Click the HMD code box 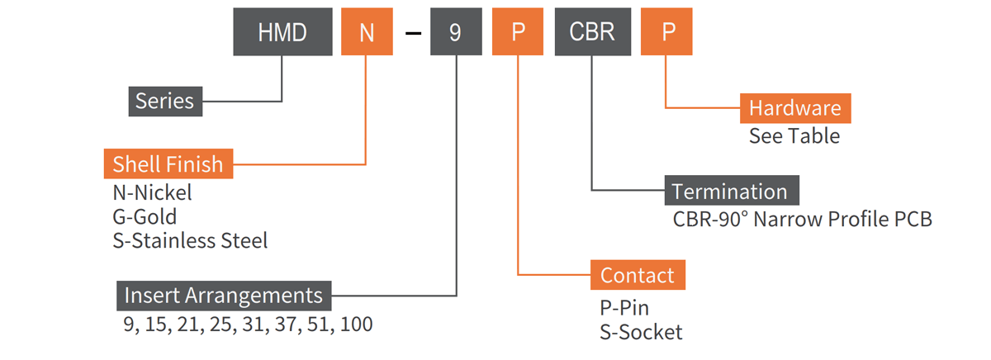pos(282,32)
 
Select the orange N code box pos(367,32)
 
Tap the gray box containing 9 pos(455,32)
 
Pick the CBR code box pos(591,32)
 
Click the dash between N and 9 pos(414,33)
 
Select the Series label pos(165,101)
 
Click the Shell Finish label pos(168,163)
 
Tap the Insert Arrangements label pos(223,296)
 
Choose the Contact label pos(637,276)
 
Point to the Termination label pos(730,192)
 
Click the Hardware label pos(794,108)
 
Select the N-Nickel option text pos(152,194)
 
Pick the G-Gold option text pos(145,217)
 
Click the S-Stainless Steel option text pos(190,241)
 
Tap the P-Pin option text pos(624,308)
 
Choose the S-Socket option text pos(641,332)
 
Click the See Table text pos(794,136)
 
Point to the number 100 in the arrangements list pos(356,324)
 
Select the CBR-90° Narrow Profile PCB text pos(803,220)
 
